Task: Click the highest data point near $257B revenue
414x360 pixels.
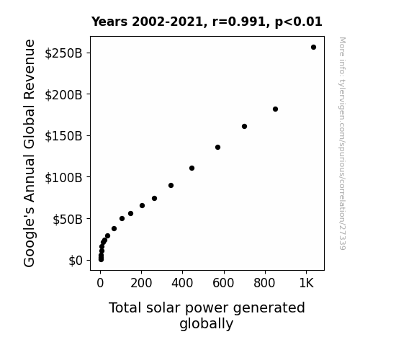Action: (313, 48)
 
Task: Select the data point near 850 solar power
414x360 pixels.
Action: (275, 109)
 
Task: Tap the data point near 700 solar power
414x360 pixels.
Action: (244, 127)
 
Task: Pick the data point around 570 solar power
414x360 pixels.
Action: (217, 148)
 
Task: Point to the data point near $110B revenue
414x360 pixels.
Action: (192, 168)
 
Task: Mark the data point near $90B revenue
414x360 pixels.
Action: (171, 186)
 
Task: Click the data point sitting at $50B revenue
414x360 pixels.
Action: (122, 218)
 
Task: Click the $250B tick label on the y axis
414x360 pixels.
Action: (63, 53)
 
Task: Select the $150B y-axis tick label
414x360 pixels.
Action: (63, 136)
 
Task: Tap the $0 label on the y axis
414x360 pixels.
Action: (76, 261)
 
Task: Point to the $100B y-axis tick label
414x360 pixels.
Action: (63, 178)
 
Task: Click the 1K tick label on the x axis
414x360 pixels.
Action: (306, 284)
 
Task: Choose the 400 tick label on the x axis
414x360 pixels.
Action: (182, 284)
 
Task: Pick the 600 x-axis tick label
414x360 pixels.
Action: (223, 284)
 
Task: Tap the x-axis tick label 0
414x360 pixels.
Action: (100, 284)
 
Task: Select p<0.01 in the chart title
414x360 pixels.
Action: (298, 22)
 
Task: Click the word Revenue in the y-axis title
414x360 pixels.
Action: (29, 69)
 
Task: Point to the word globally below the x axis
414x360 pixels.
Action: (207, 324)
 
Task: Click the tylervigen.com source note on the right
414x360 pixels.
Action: (342, 143)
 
